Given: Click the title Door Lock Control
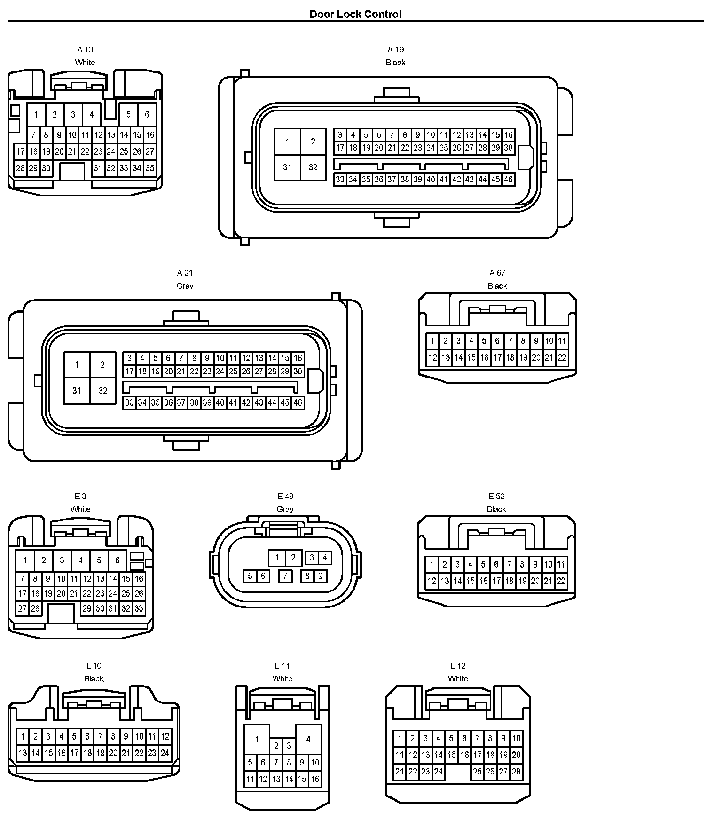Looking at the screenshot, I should tap(355, 14).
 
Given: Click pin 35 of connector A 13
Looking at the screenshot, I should tap(150, 168).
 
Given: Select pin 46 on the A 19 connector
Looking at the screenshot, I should tap(508, 179).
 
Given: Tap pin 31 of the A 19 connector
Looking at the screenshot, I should tap(287, 167).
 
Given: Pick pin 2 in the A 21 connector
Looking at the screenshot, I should tap(102, 364).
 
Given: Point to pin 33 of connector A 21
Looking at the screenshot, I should tap(129, 403).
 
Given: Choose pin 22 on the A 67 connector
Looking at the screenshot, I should tap(562, 357).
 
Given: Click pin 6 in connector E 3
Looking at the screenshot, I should tap(118, 560).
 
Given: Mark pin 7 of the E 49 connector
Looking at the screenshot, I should tap(285, 576).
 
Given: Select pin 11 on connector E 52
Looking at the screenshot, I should tap(561, 564).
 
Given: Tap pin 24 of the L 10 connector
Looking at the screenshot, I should tap(165, 753).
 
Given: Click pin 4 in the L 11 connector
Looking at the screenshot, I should tap(308, 739).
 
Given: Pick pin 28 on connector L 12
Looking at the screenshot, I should tap(516, 772).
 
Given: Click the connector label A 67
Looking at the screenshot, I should tap(497, 273).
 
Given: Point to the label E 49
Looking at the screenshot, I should tap(285, 496).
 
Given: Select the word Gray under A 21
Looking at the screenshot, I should tap(185, 286).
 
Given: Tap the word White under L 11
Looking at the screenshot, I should tap(283, 678).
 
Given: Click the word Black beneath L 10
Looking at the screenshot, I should tap(94, 678).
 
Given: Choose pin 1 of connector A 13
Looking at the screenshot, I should tap(36, 114).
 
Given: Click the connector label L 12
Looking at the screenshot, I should tap(458, 666).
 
